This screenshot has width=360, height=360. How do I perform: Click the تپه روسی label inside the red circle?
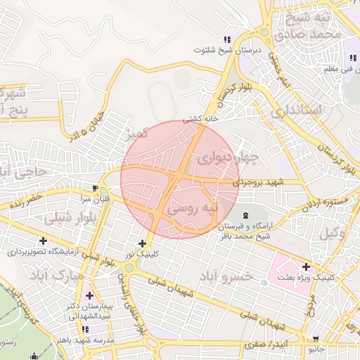tap(191, 209)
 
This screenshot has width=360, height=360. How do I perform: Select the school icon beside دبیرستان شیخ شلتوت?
tap(226, 39)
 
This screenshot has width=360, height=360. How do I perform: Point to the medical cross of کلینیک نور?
tap(143, 243)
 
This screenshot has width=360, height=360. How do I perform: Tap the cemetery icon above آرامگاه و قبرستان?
tap(245, 214)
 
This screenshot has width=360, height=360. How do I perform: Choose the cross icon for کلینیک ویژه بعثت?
tap(306, 266)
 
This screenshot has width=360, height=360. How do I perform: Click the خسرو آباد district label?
tap(225, 276)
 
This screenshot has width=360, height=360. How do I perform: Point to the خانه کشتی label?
tap(201, 119)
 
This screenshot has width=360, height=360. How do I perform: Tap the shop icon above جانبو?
tap(314, 339)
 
